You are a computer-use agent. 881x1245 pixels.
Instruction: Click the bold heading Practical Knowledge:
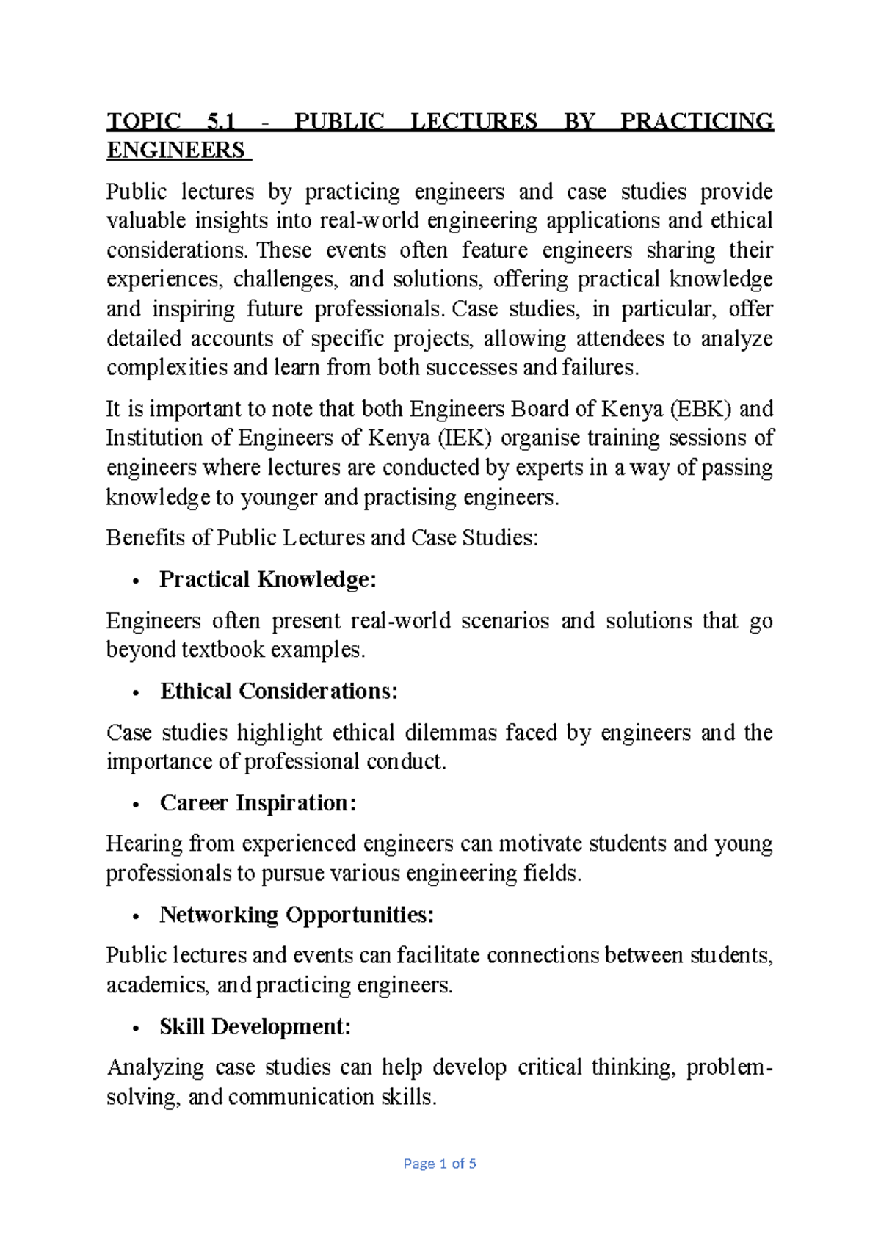268,580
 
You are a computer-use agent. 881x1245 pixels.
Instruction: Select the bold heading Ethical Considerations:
279,692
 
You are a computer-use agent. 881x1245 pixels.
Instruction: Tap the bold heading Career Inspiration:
258,803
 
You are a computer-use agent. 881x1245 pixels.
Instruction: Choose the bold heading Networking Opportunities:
297,915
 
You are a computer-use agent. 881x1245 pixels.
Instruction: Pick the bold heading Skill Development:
255,1026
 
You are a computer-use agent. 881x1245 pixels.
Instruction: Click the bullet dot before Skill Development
135,1028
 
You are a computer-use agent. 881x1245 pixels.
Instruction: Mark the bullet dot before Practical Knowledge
135,582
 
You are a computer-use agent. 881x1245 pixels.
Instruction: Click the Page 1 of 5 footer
440,1164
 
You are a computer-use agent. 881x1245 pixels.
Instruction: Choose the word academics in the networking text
156,985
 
